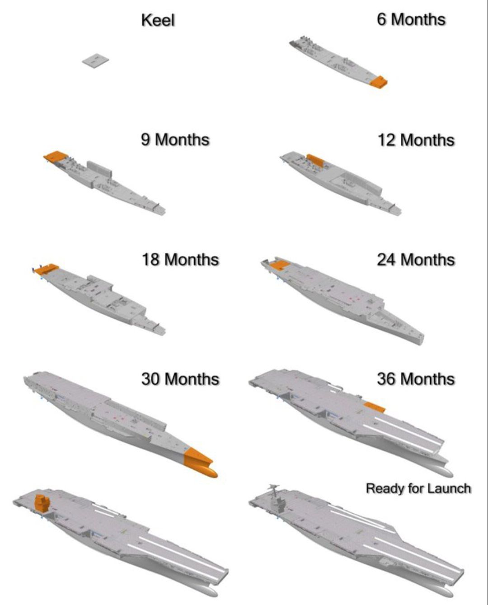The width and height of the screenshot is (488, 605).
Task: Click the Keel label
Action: (x=158, y=20)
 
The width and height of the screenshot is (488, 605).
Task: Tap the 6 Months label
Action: (x=411, y=19)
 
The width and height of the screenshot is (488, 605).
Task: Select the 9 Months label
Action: (x=175, y=139)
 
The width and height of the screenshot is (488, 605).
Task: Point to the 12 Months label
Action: (x=416, y=140)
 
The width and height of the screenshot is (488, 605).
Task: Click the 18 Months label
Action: (x=180, y=260)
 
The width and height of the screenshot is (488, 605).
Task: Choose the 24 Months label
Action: (x=416, y=260)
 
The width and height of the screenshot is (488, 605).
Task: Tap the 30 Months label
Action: (x=180, y=379)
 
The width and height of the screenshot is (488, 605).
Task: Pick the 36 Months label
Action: (x=416, y=379)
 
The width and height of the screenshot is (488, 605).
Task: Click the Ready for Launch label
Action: (x=418, y=488)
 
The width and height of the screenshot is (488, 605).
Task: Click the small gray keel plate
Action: (x=96, y=61)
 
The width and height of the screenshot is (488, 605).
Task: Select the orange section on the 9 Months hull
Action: (x=56, y=156)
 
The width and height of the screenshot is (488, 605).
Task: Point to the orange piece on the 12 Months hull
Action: (x=315, y=161)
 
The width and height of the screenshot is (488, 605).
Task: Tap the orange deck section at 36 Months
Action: (x=375, y=407)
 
